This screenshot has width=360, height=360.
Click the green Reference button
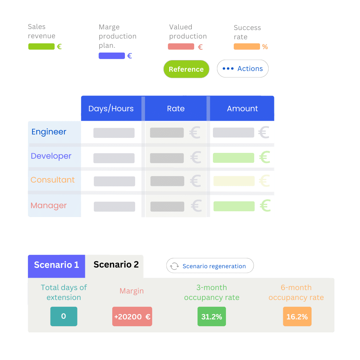pyautogui.click(x=186, y=69)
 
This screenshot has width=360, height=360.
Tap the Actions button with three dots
pyautogui.click(x=243, y=69)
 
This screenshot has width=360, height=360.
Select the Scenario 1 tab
pyautogui.click(x=56, y=265)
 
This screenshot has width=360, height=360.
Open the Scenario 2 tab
pyautogui.click(x=116, y=265)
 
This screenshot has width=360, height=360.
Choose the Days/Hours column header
pyautogui.click(x=111, y=109)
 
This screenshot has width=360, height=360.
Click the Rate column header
pyautogui.click(x=176, y=109)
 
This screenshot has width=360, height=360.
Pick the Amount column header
pyautogui.click(x=242, y=109)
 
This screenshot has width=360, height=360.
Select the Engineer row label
pyautogui.click(x=49, y=132)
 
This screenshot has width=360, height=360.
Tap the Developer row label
pyautogui.click(x=51, y=156)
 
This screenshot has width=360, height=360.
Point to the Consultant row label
pyautogui.click(x=53, y=180)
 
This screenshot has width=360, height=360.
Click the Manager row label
pyautogui.click(x=48, y=206)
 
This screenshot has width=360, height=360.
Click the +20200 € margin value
pyautogui.click(x=132, y=317)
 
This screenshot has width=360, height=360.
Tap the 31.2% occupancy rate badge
pyautogui.click(x=212, y=317)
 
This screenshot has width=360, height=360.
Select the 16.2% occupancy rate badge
pyautogui.click(x=297, y=317)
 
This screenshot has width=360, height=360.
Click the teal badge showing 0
pyautogui.click(x=63, y=316)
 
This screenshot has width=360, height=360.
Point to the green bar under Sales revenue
pyautogui.click(x=41, y=46)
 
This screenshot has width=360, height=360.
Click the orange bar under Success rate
pyautogui.click(x=247, y=46)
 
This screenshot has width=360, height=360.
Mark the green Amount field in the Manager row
pyautogui.click(x=234, y=206)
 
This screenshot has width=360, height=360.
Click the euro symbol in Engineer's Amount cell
pyautogui.click(x=264, y=132)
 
